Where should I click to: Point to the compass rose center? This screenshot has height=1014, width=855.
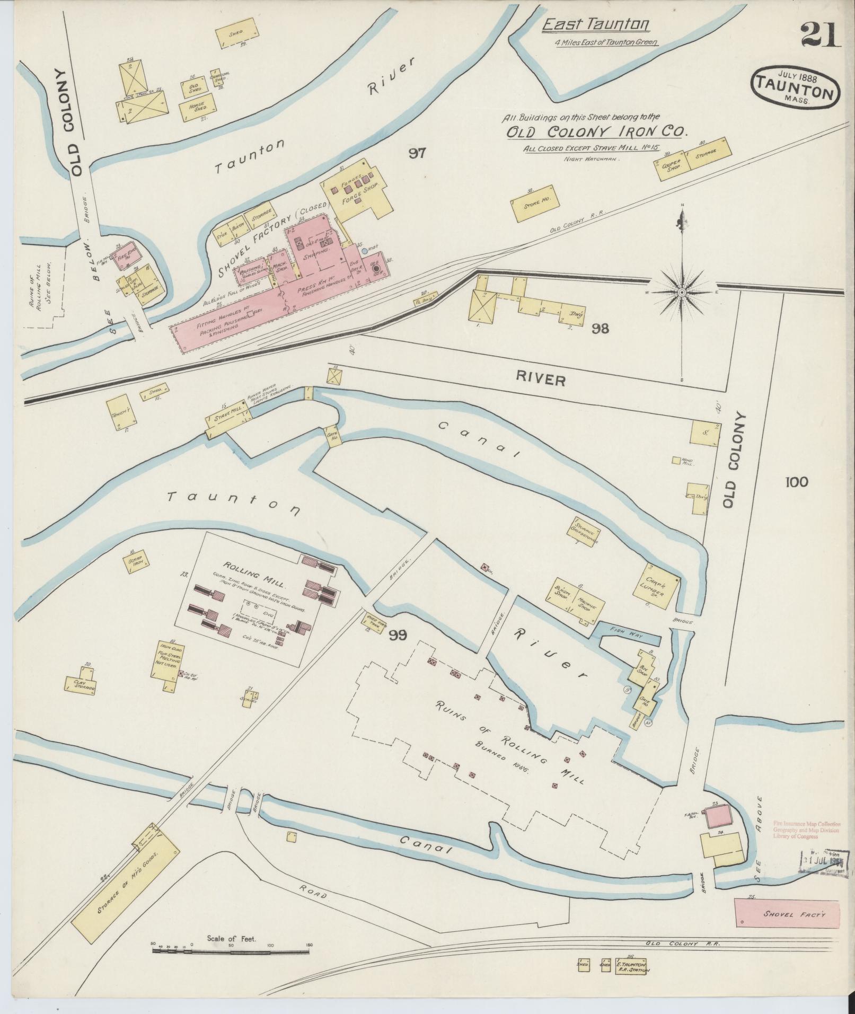coord(682,292)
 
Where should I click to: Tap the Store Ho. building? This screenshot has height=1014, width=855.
coord(534,204)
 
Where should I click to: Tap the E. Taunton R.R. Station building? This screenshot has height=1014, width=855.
coord(631,967)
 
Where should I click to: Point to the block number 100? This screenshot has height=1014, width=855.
coord(797,482)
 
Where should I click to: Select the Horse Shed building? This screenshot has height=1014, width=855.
coord(196,108)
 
